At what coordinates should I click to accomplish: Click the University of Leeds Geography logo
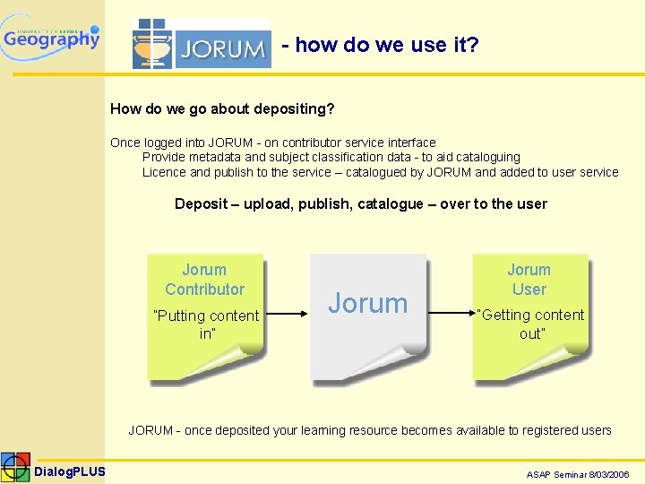[51, 37]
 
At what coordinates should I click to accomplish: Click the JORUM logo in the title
[202, 45]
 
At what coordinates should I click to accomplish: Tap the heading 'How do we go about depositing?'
[222, 109]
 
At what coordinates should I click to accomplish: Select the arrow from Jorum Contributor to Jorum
[287, 315]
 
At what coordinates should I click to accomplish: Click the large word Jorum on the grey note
[367, 304]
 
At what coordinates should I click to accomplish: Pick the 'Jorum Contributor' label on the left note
[204, 279]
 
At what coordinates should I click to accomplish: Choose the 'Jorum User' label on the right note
[529, 279]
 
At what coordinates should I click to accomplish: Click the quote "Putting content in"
[206, 324]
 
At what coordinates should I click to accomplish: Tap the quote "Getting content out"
[531, 324]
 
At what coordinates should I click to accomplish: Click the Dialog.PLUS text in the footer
[70, 471]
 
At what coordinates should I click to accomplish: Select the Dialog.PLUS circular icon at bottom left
[15, 468]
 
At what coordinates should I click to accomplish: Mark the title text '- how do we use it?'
[380, 45]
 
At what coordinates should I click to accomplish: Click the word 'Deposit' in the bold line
[201, 203]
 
